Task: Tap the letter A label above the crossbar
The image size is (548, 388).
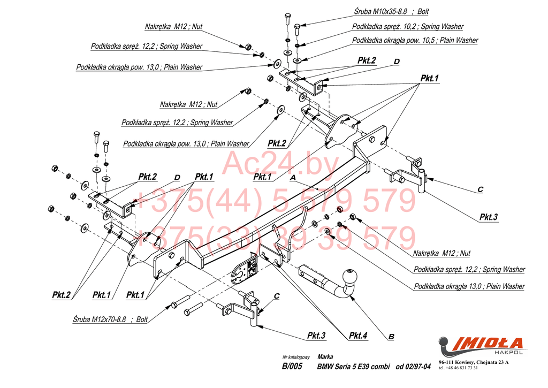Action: click(x=292, y=177)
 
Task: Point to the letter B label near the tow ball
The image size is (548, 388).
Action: click(x=391, y=337)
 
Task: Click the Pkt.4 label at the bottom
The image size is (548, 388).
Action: click(x=358, y=336)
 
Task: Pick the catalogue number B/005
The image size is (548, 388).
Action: click(x=292, y=367)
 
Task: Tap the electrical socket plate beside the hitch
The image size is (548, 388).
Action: click(x=243, y=271)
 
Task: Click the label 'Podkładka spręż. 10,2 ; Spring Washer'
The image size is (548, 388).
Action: click(x=407, y=26)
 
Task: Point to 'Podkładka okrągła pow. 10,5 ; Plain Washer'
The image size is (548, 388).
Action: click(x=415, y=40)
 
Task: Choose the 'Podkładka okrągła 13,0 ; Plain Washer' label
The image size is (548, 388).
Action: click(x=469, y=286)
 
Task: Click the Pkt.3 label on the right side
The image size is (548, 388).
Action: click(x=488, y=217)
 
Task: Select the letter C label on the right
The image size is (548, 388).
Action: click(x=480, y=189)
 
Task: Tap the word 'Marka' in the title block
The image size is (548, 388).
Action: click(x=325, y=356)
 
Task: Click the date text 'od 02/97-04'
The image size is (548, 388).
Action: click(x=413, y=367)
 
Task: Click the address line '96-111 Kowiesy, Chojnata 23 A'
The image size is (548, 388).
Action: click(x=473, y=363)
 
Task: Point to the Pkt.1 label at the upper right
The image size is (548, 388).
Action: click(x=429, y=78)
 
